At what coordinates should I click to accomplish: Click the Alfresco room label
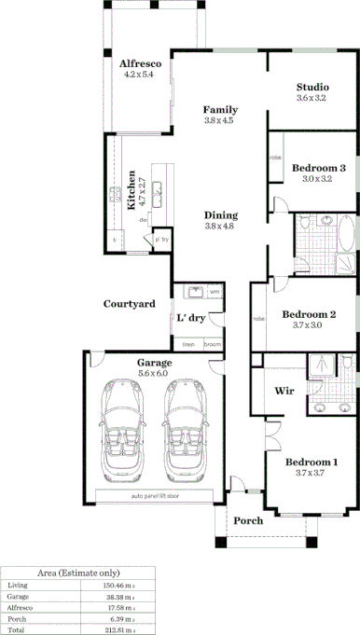point(141,63)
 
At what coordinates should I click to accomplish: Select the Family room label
point(220,109)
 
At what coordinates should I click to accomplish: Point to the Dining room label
point(220,214)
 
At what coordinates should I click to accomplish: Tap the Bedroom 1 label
point(311,462)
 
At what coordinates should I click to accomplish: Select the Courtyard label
point(129,304)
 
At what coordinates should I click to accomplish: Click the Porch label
point(247,520)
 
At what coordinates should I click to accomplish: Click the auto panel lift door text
point(157,495)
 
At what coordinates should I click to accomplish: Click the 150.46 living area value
point(118,584)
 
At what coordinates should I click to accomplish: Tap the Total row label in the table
point(17,631)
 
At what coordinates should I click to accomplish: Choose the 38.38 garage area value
point(119,596)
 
